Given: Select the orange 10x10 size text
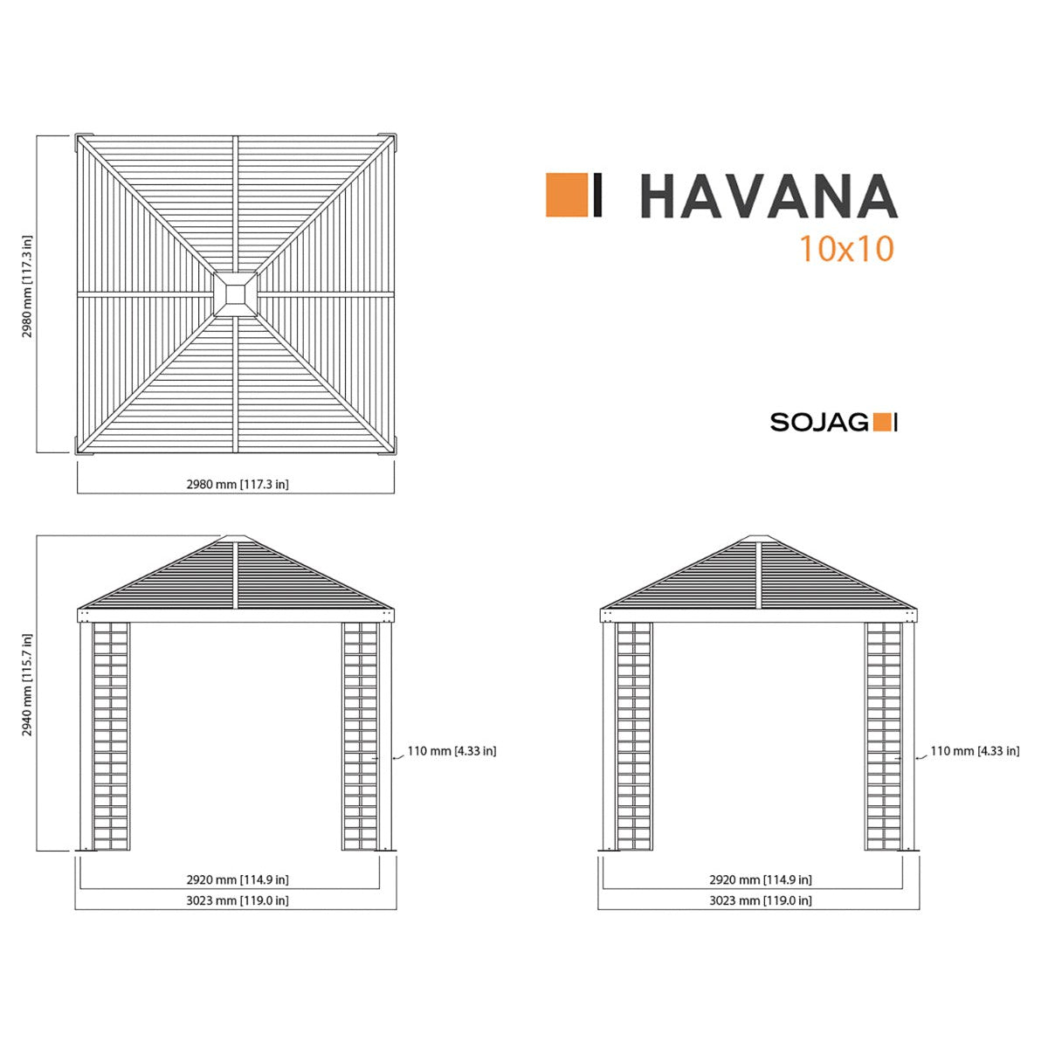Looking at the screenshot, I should pyautogui.click(x=846, y=249).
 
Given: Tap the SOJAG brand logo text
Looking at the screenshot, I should pyautogui.click(x=818, y=423).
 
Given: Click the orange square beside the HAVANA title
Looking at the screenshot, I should pyautogui.click(x=566, y=195).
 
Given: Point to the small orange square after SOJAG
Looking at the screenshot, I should pyautogui.click(x=883, y=423).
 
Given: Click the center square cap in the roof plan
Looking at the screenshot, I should pyautogui.click(x=236, y=292).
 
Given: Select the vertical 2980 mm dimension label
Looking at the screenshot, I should pyautogui.click(x=27, y=286).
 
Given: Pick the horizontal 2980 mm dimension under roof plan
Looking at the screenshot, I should pyautogui.click(x=237, y=484).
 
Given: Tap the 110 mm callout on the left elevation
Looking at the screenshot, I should pyautogui.click(x=452, y=751).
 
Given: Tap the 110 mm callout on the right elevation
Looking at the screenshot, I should pyautogui.click(x=975, y=751).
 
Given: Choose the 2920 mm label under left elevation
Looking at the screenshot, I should pyautogui.click(x=237, y=880).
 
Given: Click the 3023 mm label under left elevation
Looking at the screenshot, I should pyautogui.click(x=237, y=900).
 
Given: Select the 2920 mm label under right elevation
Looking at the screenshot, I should pyautogui.click(x=760, y=880).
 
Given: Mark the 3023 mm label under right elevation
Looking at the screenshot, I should pyautogui.click(x=760, y=900).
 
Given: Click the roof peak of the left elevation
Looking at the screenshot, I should pyautogui.click(x=237, y=539).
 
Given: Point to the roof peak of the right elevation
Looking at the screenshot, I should pyautogui.click(x=760, y=539).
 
